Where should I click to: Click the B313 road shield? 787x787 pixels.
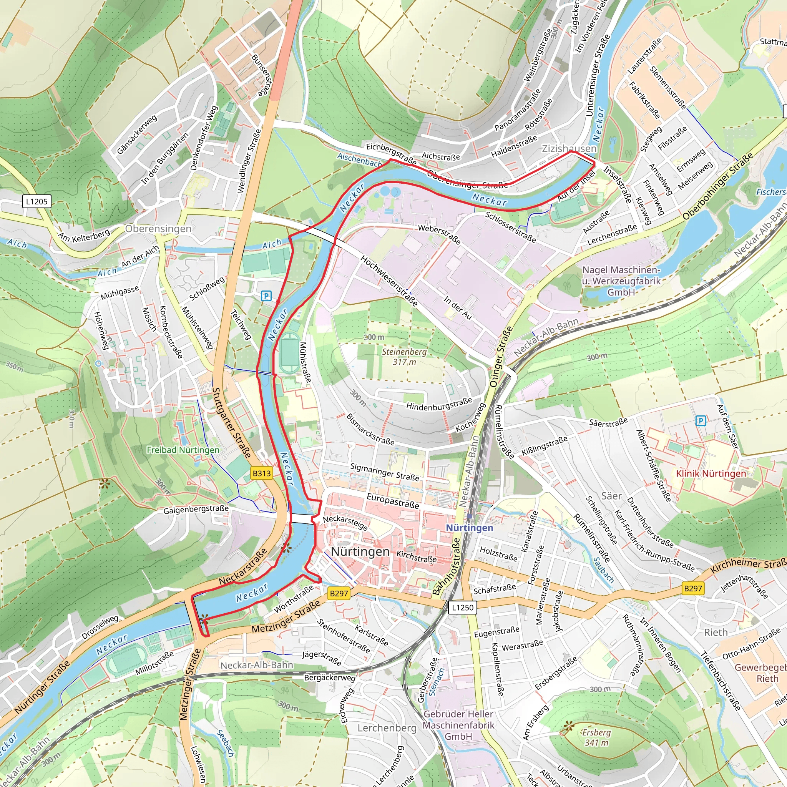[262, 473]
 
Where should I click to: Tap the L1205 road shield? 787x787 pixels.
[37, 201]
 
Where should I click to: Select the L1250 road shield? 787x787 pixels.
[463, 608]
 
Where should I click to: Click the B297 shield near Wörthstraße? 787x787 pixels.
[339, 593]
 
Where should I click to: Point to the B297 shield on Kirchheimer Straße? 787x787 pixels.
[693, 588]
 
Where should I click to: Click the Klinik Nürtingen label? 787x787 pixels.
[711, 473]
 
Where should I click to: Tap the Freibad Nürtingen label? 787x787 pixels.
[183, 450]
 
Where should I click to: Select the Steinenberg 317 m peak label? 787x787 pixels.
[404, 357]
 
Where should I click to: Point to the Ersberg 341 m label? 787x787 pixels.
[596, 737]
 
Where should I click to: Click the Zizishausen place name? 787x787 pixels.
[569, 148]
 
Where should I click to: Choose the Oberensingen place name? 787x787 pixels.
[158, 229]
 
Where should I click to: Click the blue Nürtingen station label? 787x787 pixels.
[469, 528]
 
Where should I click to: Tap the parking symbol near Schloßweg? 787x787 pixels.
[266, 296]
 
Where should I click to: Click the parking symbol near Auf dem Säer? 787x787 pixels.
[700, 421]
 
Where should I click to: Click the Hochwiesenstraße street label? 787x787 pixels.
[389, 281]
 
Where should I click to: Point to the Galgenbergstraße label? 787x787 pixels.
[196, 510]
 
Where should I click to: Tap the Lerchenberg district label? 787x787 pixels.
[387, 728]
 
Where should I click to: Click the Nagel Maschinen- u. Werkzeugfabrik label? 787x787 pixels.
[621, 281]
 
